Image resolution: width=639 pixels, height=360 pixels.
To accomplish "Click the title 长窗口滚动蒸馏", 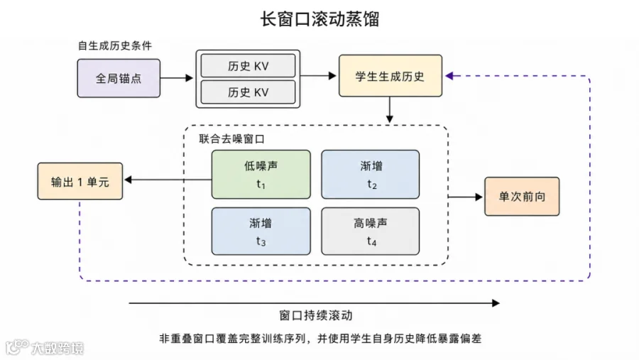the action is point(320,18).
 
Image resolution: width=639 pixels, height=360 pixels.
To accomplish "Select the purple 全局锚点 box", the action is point(119,78).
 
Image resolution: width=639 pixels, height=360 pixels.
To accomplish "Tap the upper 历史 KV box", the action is point(248,65).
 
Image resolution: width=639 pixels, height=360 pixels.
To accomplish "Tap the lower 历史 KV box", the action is point(248,92).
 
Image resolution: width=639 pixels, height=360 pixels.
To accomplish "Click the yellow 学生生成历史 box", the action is point(390,76).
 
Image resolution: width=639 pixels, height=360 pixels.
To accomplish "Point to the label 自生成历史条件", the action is point(115,45).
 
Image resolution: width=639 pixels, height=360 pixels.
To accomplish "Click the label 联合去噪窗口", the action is point(232,139).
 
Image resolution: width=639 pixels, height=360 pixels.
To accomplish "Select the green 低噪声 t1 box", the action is point(261,175).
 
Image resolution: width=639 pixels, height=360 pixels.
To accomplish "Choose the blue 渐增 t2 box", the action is point(371,175).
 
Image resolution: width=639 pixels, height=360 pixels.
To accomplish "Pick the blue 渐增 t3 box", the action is point(261,231).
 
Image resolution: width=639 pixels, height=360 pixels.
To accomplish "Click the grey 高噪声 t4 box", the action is point(371,231).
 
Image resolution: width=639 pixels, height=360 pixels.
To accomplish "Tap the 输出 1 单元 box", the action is point(80,182).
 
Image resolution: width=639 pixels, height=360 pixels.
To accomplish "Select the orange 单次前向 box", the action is point(522,197).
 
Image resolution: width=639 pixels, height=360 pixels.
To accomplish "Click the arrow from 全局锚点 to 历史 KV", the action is point(177,78).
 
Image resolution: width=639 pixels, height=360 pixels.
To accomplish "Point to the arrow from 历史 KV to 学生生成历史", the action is point(318,75).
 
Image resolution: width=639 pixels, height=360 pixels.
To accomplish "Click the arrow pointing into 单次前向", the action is point(465,197).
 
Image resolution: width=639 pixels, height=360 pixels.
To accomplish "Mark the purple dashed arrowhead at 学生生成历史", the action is point(449,76).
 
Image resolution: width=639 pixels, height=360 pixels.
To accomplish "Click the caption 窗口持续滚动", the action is point(316,315).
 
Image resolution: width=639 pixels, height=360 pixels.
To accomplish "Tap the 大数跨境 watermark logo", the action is point(44,347).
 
